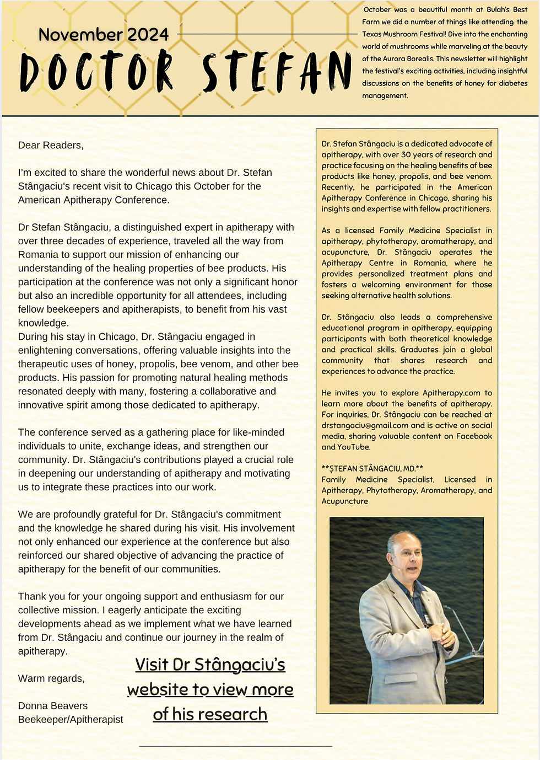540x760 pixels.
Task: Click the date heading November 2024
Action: (104, 35)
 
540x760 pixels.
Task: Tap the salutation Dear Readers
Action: (51, 145)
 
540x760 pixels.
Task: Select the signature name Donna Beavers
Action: (53, 706)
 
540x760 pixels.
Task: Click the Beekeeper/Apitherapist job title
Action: (71, 720)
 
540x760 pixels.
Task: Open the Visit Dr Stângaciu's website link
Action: (210, 689)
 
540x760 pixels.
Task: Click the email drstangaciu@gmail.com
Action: (365, 425)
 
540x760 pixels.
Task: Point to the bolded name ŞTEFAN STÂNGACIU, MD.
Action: (372, 468)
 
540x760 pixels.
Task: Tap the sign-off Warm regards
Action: (51, 678)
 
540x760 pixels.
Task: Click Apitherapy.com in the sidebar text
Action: (451, 393)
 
